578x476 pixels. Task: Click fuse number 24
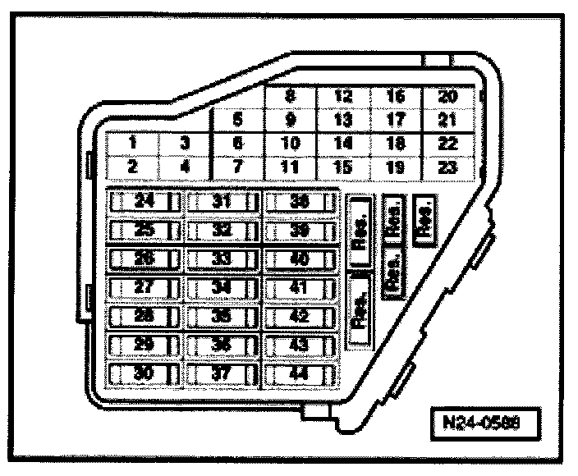[144, 202]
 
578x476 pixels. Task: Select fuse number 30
[144, 373]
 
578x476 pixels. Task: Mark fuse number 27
[144, 288]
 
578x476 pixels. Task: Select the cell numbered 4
[185, 166]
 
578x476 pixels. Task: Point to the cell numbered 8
[290, 96]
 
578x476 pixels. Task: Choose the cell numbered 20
[447, 96]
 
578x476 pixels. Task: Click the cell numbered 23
[447, 166]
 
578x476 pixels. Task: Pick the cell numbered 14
[342, 143]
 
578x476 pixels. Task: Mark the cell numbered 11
[290, 166]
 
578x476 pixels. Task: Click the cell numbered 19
[395, 166]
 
